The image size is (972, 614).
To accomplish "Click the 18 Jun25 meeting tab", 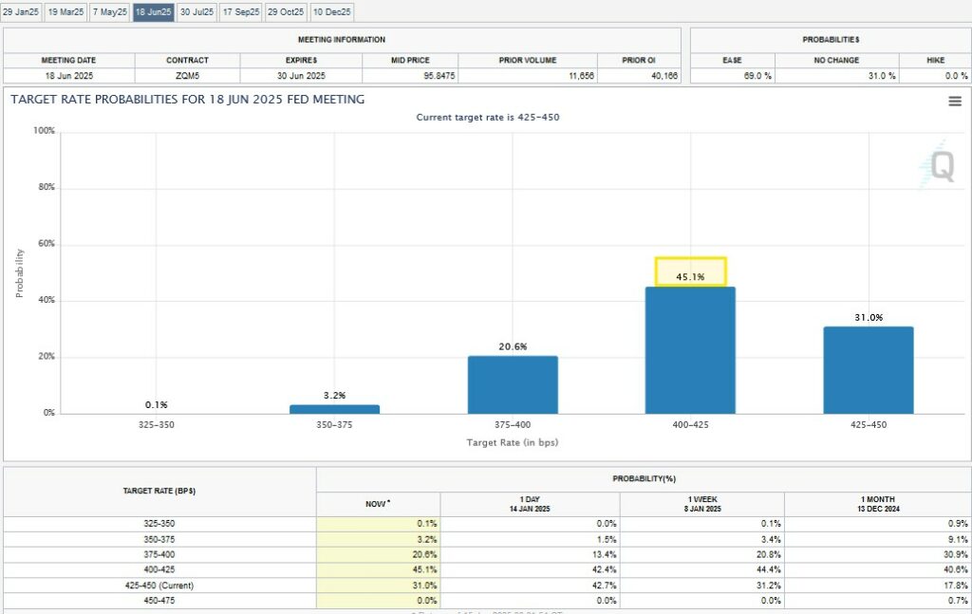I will pos(153,12).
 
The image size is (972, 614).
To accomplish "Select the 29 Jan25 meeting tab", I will pos(21,12).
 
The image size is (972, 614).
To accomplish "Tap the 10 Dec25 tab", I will pos(332,12).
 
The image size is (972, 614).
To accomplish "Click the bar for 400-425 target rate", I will pos(690,350).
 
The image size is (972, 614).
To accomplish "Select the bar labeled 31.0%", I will pos(868,370).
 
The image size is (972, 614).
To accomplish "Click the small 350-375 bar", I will pos(334,409).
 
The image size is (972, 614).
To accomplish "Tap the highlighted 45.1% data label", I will pos(690,277).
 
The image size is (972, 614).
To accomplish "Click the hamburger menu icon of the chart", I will pos(955,102).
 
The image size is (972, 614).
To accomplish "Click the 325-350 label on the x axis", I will pos(157,424).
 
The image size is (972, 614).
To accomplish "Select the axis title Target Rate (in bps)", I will pos(513,443).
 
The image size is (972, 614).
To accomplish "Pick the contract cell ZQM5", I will pos(187,75).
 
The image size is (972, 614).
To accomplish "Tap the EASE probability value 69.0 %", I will pos(732,75).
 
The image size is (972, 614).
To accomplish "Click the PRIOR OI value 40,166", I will pos(638,75).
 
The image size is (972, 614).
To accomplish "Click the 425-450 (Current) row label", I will pos(159,585).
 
